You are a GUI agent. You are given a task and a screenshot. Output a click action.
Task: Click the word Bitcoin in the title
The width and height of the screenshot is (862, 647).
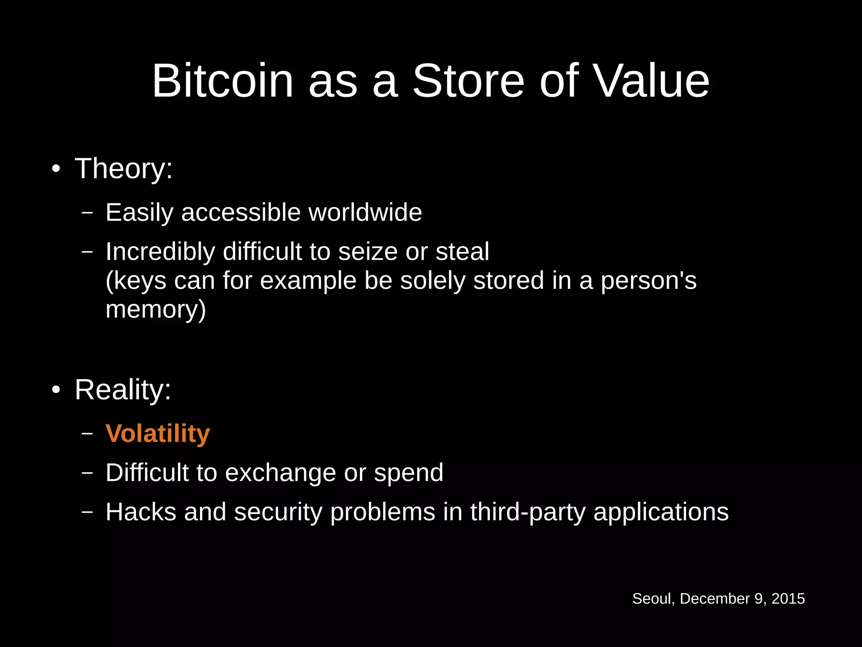pyautogui.click(x=222, y=81)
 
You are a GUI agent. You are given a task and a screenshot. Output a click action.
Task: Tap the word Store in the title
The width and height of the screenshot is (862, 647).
pyautogui.click(x=468, y=81)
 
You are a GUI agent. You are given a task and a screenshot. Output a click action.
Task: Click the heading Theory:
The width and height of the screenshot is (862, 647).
pyautogui.click(x=123, y=168)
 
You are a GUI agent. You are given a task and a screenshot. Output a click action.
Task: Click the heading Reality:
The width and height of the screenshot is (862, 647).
pyautogui.click(x=122, y=389)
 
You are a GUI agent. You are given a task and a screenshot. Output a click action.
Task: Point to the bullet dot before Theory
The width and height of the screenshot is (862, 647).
pyautogui.click(x=56, y=169)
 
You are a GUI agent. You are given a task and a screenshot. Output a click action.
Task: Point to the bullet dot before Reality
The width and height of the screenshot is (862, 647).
pyautogui.click(x=56, y=390)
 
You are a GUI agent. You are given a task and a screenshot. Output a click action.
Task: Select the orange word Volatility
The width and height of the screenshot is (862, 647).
pyautogui.click(x=158, y=433)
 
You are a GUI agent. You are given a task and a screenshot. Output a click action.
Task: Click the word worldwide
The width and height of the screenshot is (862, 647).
pyautogui.click(x=365, y=212)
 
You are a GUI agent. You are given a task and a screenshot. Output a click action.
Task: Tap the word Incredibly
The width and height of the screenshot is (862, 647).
pyautogui.click(x=160, y=252)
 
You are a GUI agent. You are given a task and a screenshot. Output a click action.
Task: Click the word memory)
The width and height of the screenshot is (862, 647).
pyautogui.click(x=156, y=310)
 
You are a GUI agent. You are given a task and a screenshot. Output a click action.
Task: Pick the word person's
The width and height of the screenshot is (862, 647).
pyautogui.click(x=648, y=281)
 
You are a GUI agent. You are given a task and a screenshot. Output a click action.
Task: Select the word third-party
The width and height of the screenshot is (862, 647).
pyautogui.click(x=528, y=512)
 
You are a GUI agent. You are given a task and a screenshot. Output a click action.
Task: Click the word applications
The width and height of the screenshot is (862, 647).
pyautogui.click(x=661, y=512)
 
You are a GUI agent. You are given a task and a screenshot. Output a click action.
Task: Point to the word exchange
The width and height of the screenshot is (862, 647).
pyautogui.click(x=280, y=473)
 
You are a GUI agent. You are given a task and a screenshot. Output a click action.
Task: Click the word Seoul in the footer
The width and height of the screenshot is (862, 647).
pyautogui.click(x=653, y=599)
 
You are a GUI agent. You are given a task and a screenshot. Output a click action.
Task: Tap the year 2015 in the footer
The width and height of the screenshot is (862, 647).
pyautogui.click(x=788, y=599)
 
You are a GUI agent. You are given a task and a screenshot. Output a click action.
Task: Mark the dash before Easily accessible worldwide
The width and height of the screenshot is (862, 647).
pyautogui.click(x=87, y=213)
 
